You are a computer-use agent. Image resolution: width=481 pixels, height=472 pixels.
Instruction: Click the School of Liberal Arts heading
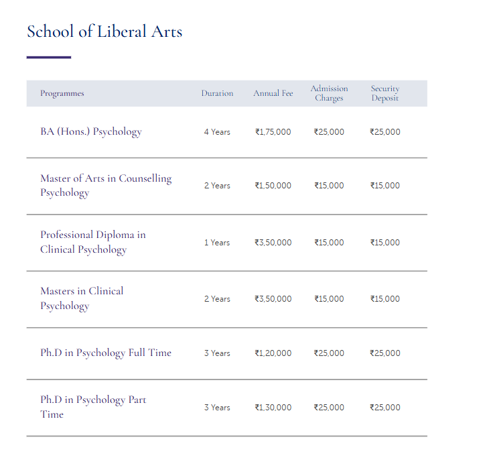pos(105,32)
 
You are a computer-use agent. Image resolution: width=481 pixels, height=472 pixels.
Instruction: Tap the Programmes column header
pos(62,93)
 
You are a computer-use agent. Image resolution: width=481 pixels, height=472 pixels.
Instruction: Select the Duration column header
pos(217,93)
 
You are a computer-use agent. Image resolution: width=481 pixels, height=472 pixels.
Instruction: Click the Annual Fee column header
pos(273,93)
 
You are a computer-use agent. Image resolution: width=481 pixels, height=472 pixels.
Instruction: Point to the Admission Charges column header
pos(329,93)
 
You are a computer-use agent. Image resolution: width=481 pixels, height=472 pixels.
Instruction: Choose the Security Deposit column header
pos(385,93)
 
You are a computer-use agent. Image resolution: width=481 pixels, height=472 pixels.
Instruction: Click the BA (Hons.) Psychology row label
pos(91,131)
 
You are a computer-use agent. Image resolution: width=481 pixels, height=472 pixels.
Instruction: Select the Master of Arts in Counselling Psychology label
pos(106,186)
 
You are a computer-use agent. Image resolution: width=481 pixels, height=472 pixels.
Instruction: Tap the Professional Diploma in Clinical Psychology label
pos(92,242)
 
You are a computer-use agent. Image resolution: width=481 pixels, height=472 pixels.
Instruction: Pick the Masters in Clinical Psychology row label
pos(82,298)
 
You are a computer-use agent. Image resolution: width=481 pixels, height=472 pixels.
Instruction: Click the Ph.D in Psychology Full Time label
pos(106,353)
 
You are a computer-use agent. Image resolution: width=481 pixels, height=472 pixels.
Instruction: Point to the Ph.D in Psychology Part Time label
pos(93,407)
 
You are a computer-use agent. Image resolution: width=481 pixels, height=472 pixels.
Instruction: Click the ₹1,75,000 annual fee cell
pos(273,132)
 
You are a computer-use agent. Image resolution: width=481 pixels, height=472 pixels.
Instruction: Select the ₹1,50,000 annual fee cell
pos(273,186)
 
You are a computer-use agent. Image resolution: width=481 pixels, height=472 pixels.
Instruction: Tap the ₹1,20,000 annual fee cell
pos(273,353)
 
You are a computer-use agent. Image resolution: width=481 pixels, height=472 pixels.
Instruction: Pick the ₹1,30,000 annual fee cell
pos(273,408)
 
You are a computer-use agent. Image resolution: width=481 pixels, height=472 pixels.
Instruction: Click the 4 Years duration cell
pos(217,132)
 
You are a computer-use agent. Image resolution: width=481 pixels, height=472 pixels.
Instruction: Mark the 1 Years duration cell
pos(217,243)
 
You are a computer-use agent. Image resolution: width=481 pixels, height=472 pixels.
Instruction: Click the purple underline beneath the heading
pos(49,58)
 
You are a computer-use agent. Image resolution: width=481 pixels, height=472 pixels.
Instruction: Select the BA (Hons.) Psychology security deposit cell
pos(385,132)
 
